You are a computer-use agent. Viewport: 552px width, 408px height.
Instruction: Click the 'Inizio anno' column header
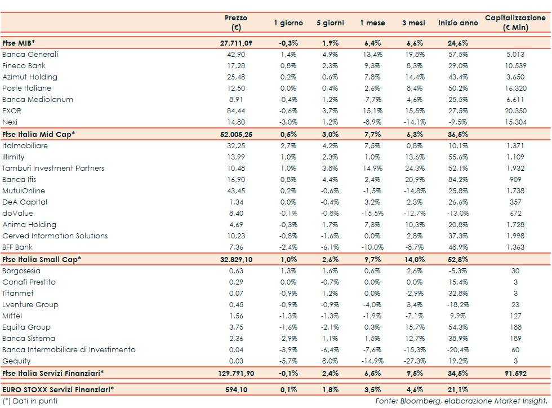coord(457,23)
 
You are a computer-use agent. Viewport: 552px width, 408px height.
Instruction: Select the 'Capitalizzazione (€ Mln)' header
coord(515,23)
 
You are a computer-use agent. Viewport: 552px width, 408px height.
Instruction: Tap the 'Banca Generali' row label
coord(30,55)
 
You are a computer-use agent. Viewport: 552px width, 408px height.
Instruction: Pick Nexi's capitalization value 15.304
coord(515,122)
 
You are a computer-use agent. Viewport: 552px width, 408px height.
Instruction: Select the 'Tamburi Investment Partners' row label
coord(53,168)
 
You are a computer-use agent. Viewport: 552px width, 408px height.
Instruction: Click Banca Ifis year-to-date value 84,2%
coord(457,180)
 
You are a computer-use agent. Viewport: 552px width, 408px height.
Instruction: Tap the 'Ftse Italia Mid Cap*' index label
coord(38,134)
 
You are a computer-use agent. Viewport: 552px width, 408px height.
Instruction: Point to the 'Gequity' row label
coord(16,361)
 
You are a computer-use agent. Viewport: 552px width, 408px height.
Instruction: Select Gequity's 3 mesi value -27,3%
coord(415,361)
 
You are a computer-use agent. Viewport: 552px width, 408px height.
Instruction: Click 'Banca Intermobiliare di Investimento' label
coord(69,350)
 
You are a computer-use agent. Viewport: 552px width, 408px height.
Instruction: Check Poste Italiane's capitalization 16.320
coord(515,88)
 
